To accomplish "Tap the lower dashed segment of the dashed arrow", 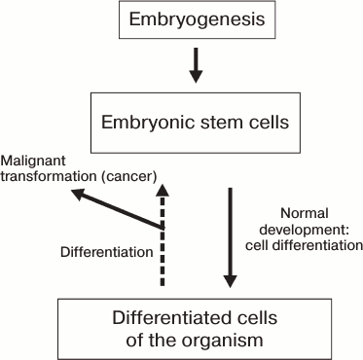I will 162,277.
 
